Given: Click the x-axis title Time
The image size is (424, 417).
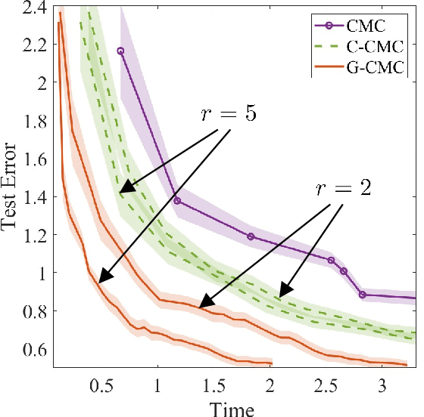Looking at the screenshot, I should click(232, 407).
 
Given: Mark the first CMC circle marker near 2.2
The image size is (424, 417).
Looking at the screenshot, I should click(120, 51).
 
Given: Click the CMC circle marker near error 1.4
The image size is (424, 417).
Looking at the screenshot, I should click(177, 200).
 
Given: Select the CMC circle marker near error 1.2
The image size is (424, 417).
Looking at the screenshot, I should click(251, 236).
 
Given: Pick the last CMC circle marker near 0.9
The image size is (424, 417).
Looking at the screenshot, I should click(363, 295).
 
